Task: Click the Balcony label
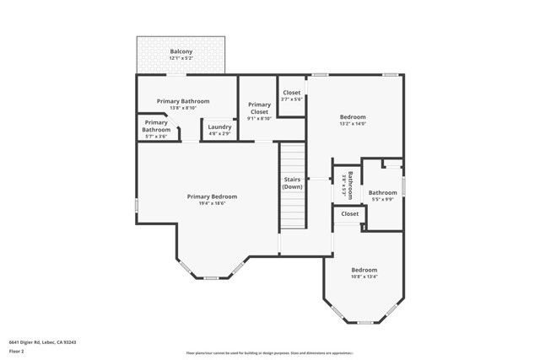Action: [181, 52]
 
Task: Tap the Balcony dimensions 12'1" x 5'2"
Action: [181, 59]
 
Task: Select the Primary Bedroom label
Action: [212, 196]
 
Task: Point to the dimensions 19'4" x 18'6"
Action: [212, 203]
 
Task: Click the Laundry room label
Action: [219, 126]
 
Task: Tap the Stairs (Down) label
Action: [292, 183]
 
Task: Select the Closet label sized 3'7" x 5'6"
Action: [291, 93]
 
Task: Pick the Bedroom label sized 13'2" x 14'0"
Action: [353, 116]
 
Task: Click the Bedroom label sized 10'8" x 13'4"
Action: [364, 270]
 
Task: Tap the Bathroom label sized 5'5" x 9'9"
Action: [382, 192]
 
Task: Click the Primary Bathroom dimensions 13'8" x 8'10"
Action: [183, 108]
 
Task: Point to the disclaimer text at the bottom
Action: [269, 353]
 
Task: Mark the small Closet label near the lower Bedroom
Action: [349, 214]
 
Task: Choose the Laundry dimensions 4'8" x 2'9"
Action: [219, 133]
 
